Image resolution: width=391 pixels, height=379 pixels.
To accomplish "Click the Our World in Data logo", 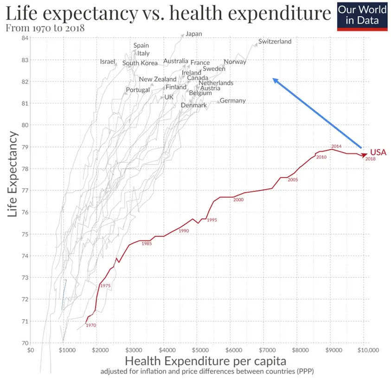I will (362, 16).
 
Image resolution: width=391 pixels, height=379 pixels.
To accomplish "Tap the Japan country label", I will (194, 34).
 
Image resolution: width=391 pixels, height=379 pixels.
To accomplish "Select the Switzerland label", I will (275, 42).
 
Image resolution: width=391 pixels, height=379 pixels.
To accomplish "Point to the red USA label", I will (378, 152).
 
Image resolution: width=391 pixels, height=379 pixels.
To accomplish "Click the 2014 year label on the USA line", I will (336, 146).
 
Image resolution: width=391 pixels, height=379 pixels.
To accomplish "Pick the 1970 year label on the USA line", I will (91, 325).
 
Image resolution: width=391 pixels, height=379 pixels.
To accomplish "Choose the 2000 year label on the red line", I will (238, 200).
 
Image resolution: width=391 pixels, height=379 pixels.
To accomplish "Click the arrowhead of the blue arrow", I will (274, 80).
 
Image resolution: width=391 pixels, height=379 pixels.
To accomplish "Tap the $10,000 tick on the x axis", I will (369, 350).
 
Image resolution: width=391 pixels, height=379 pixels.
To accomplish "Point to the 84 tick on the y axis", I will (25, 38).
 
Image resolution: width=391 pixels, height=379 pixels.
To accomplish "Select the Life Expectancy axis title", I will (13, 175).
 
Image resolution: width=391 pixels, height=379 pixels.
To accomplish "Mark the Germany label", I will (232, 101).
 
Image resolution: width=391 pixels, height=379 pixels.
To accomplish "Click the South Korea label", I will (140, 63).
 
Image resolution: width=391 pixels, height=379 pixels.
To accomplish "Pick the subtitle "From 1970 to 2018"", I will (45, 28).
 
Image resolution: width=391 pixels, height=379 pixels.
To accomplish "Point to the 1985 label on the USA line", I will (147, 244).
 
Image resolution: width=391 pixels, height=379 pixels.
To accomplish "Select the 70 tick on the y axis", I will (25, 343).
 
